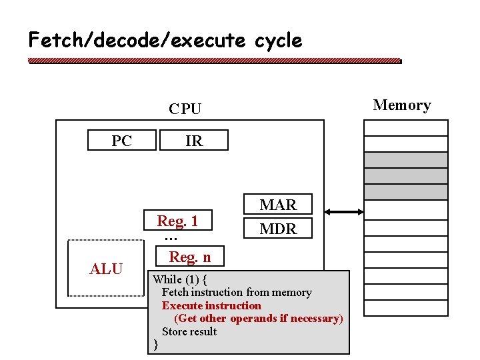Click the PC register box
[122, 141]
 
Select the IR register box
[193, 141]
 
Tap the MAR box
[278, 205]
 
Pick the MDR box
[278, 229]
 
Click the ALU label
[106, 269]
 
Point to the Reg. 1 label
[177, 221]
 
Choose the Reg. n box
[189, 257]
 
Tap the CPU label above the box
[185, 109]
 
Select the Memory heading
[401, 105]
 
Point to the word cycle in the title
[278, 41]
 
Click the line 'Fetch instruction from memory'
[237, 292]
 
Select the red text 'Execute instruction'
[211, 305]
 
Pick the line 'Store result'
[189, 331]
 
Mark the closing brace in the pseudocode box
[155, 345]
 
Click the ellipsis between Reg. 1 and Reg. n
[171, 238]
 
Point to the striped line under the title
[215, 61]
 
